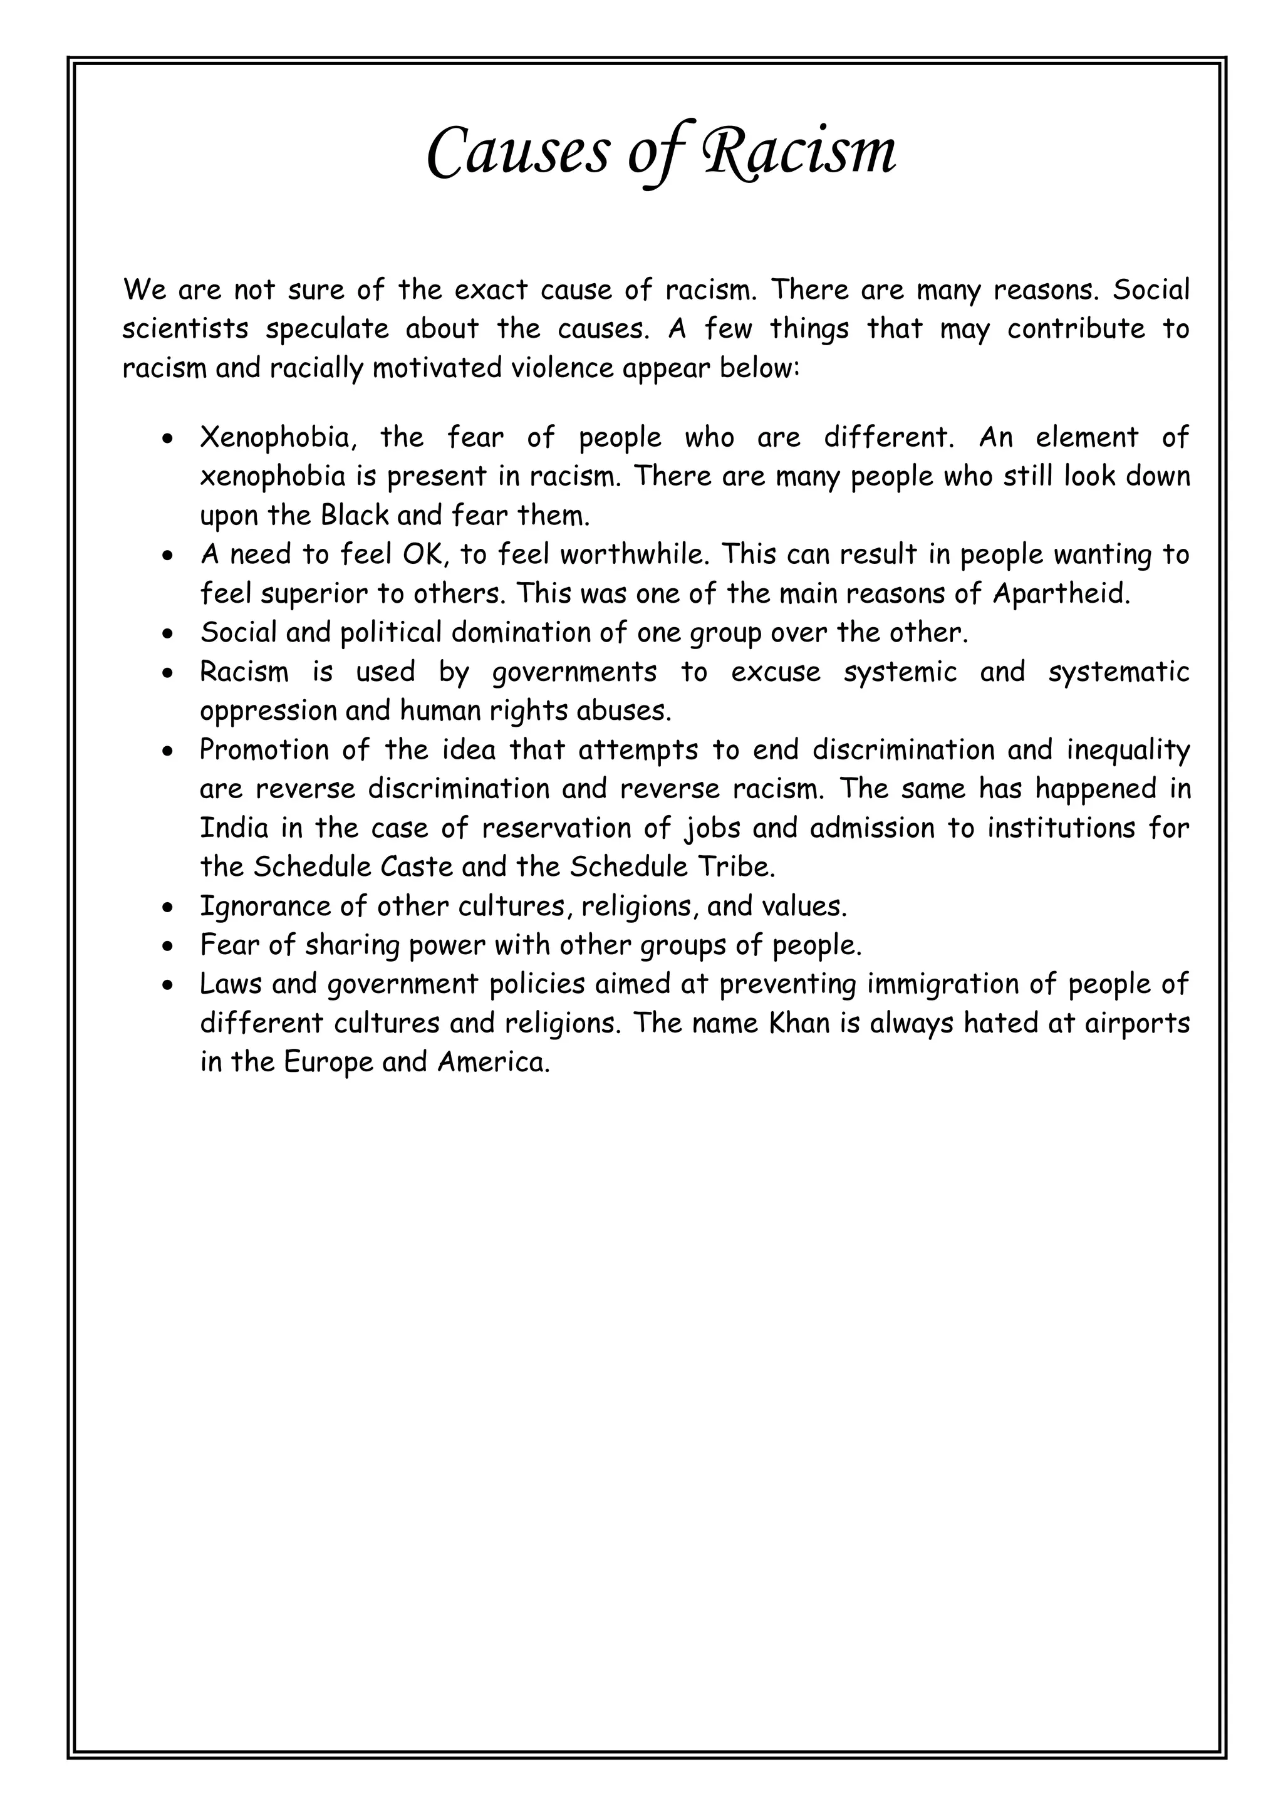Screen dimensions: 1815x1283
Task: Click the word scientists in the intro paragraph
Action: [x=185, y=329]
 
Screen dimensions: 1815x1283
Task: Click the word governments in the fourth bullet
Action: [x=574, y=672]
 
